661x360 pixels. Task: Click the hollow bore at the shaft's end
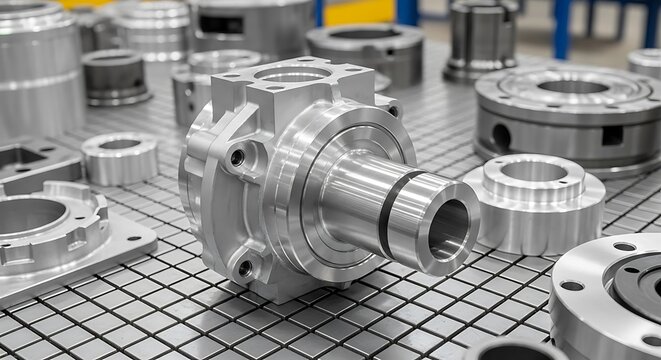(449, 229)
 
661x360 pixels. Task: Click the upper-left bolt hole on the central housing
(237, 157)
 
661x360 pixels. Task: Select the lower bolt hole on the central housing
(245, 268)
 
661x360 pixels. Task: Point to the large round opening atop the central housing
(291, 74)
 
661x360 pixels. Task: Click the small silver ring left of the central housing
(119, 157)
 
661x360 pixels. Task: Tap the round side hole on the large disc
(501, 136)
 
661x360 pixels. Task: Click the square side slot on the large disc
(611, 135)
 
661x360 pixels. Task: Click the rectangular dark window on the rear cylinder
(221, 24)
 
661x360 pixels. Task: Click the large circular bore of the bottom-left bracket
(30, 215)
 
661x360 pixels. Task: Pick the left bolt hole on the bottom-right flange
(571, 286)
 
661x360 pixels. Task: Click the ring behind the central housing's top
(226, 62)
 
